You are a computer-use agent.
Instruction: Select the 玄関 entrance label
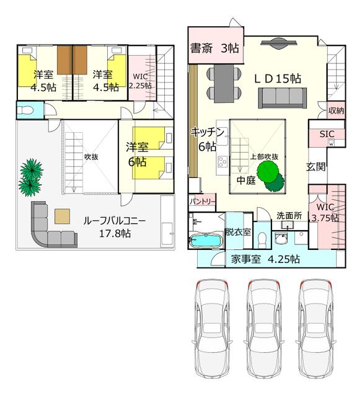click(x=316, y=166)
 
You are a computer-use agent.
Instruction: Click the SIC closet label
click(x=327, y=133)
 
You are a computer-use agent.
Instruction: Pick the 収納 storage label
click(x=336, y=110)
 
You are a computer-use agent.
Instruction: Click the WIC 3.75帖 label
click(x=325, y=212)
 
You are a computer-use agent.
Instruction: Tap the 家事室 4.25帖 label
click(x=266, y=259)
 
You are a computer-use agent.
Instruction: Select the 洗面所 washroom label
click(x=289, y=216)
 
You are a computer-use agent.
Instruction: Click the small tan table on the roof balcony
click(x=62, y=216)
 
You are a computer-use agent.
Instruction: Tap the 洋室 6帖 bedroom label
click(x=136, y=154)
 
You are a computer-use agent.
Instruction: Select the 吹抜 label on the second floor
click(x=91, y=157)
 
